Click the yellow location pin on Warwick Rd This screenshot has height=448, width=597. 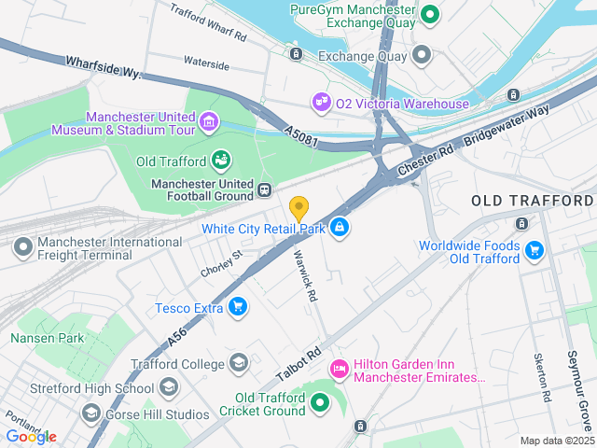click(299, 208)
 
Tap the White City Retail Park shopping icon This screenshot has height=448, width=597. click(340, 227)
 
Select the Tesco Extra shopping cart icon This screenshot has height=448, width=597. click(238, 306)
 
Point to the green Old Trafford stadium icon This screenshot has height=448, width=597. click(221, 161)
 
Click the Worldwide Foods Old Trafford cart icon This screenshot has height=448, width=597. click(534, 250)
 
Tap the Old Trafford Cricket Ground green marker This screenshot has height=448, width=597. click(320, 403)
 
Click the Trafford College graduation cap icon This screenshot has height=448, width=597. click(239, 363)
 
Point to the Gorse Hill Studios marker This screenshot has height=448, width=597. click(90, 412)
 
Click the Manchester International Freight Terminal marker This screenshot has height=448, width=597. click(22, 248)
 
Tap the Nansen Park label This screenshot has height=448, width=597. click(47, 338)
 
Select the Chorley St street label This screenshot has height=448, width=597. click(221, 263)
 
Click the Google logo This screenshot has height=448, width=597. click(31, 437)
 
